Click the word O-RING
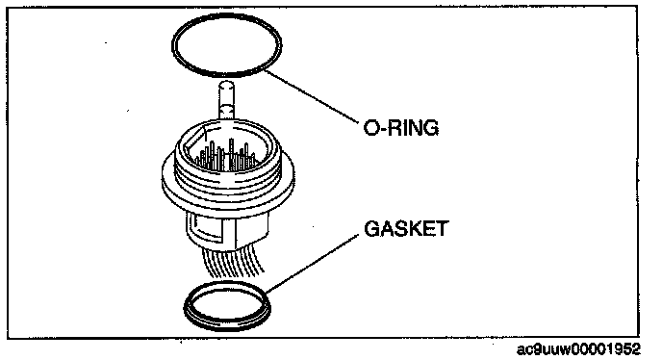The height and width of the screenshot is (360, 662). click(401, 127)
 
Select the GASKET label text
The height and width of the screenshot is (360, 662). click(406, 228)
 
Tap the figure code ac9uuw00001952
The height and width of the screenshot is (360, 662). click(578, 349)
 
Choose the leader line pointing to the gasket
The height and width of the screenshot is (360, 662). click(313, 263)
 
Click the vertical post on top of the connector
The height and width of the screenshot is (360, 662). click(227, 101)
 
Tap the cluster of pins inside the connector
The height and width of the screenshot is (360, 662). click(226, 156)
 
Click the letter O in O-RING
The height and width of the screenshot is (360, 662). click(371, 128)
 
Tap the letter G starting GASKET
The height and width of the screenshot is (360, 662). click(371, 228)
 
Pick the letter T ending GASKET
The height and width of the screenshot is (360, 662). click(442, 228)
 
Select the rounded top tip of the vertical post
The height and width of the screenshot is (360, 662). click(227, 83)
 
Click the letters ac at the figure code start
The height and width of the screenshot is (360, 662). click(523, 349)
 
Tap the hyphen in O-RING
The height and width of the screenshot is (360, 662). click(383, 129)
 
